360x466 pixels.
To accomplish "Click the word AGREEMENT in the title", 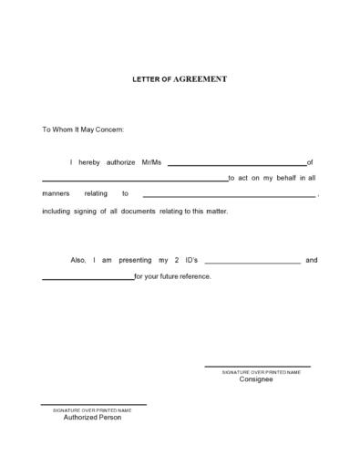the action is [201, 79].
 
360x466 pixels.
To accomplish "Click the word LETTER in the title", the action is [149, 79].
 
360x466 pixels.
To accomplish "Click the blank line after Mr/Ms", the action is [237, 165].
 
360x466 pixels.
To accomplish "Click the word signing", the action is [83, 211].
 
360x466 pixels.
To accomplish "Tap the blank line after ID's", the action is [252, 264].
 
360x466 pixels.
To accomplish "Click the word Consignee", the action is [256, 379].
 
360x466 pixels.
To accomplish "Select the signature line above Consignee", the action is [256, 367].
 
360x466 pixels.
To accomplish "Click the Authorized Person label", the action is [92, 417].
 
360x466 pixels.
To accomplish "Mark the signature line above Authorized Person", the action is [93, 404].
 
